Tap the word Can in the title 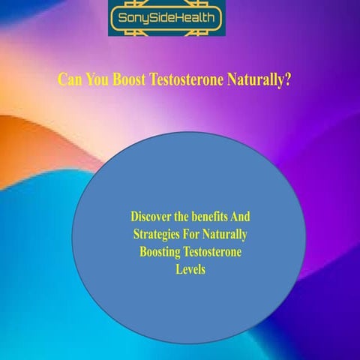tap(69, 79)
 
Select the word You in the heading tap(96, 79)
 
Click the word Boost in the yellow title tap(130, 79)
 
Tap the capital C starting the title tap(62, 79)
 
